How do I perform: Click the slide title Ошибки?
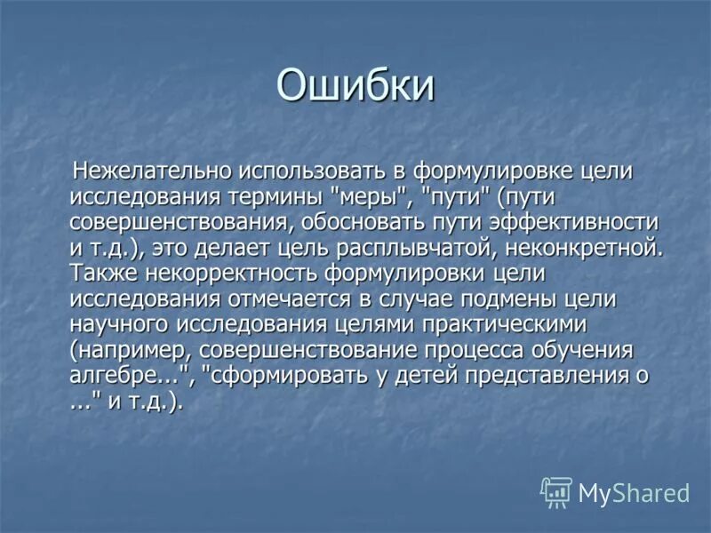pos(355,86)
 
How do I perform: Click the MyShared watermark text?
pos(634,493)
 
